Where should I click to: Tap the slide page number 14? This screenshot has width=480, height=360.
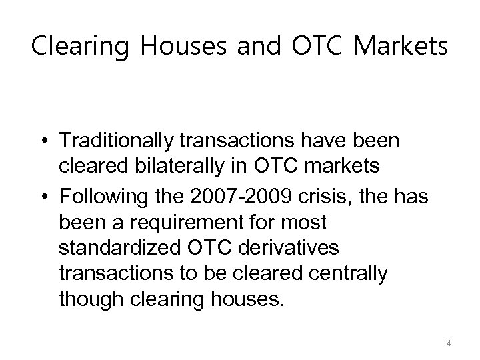click(x=447, y=343)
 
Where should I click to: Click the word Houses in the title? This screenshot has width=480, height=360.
click(x=169, y=48)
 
